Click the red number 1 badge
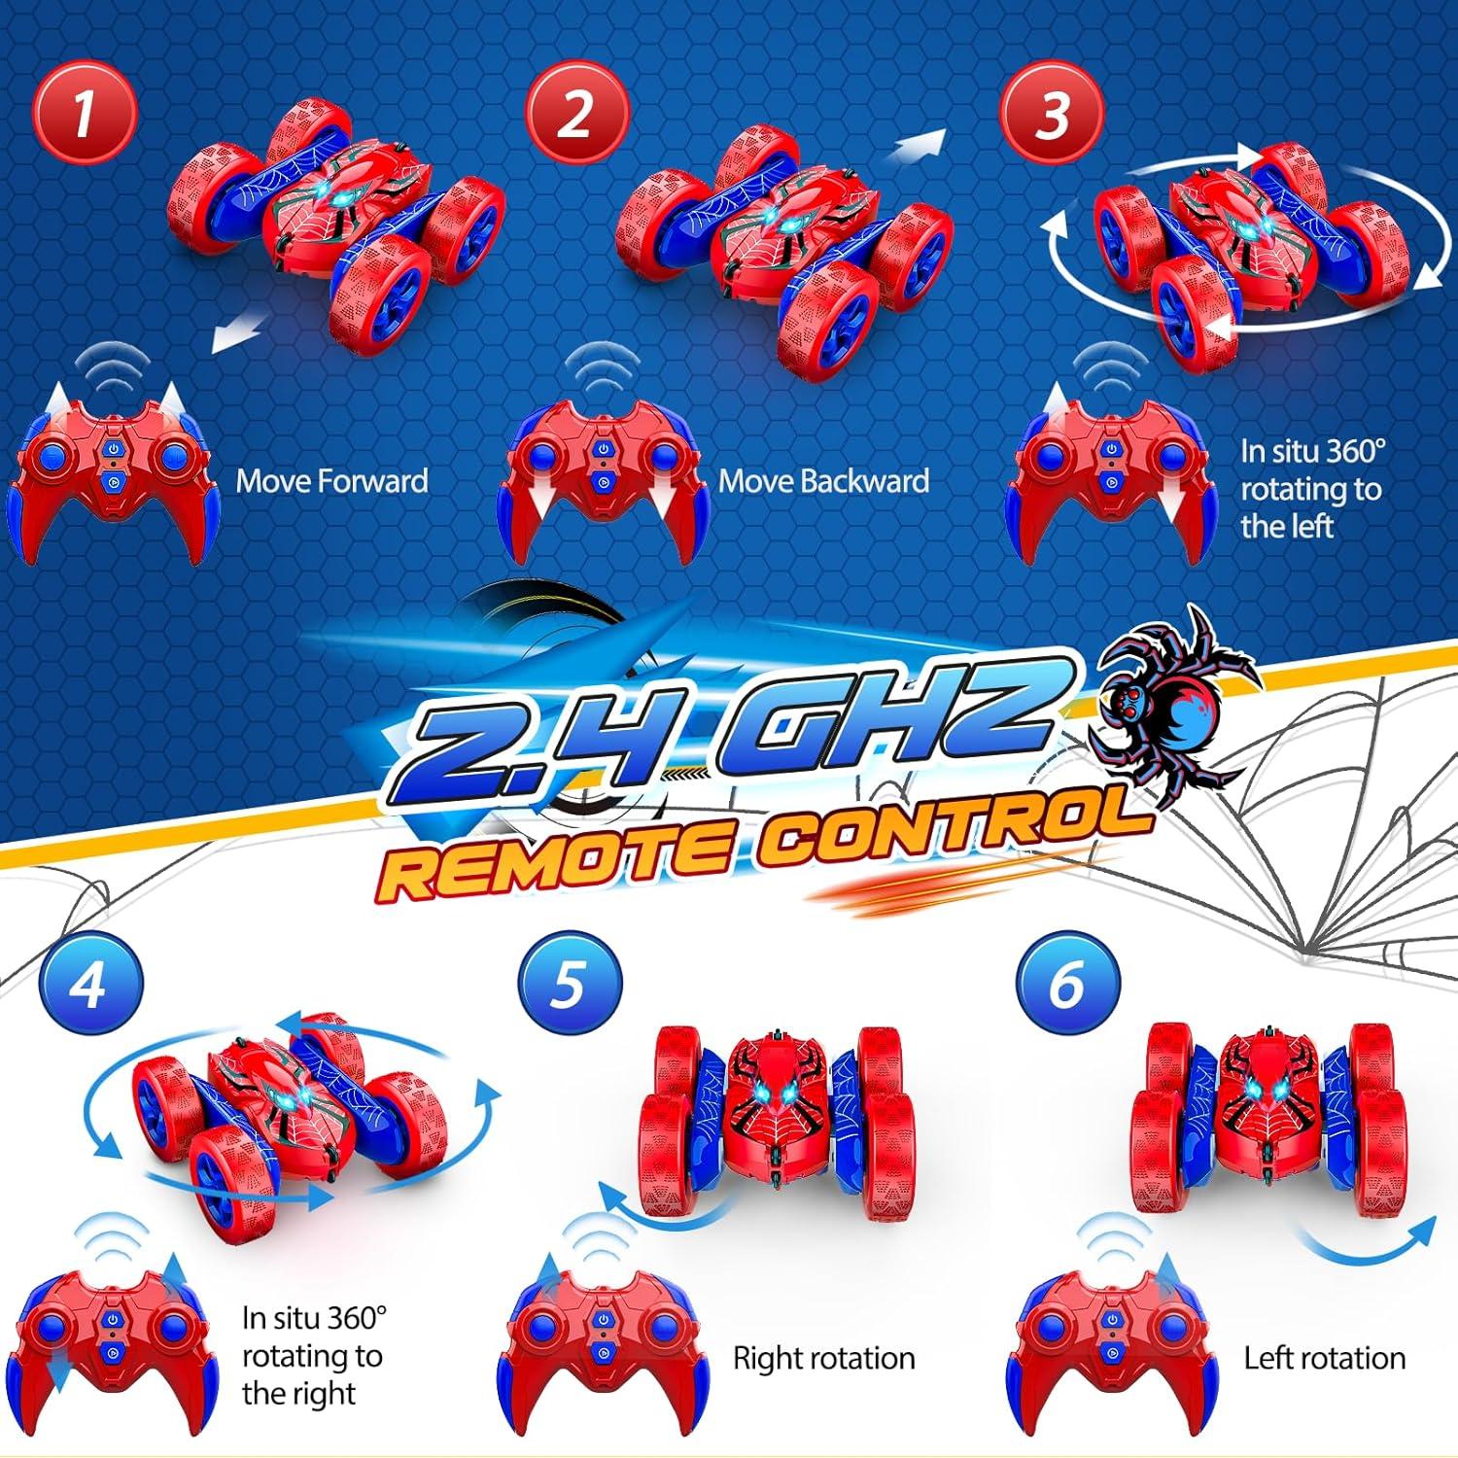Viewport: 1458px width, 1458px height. [85, 115]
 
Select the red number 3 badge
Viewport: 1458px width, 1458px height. [1053, 115]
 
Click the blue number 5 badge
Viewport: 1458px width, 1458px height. [570, 985]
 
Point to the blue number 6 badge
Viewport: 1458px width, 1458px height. [1067, 985]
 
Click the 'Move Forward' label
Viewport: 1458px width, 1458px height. [331, 481]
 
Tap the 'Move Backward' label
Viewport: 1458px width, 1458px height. [823, 481]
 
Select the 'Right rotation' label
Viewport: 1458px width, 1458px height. [823, 1358]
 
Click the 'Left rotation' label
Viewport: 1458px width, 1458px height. [1324, 1358]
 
